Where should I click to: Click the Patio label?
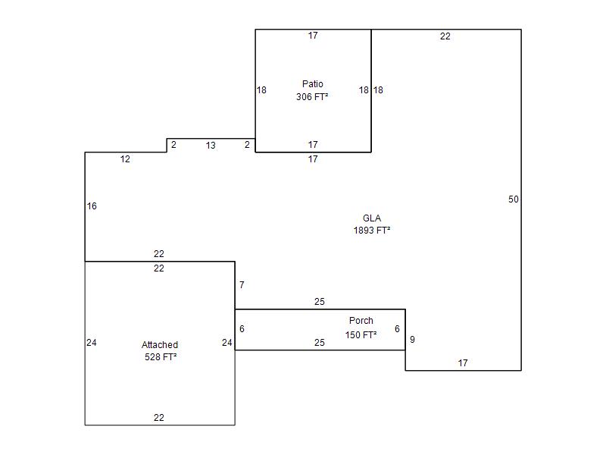[312, 84]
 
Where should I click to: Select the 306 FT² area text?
[312, 97]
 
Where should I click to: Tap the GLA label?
[372, 218]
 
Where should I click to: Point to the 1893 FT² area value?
[371, 231]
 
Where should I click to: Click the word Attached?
[160, 345]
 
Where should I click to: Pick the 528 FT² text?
[161, 357]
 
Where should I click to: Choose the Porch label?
[361, 321]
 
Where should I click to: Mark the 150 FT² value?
[361, 334]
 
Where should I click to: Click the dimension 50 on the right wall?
[514, 199]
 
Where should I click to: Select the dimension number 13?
[211, 146]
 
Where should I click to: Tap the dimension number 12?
[125, 159]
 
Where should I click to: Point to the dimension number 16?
[92, 206]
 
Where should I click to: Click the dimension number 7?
[242, 285]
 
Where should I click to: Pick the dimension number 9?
[412, 340]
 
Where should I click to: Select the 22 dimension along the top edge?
[445, 36]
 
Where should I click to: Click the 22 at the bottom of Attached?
[159, 418]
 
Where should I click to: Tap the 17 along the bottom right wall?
[463, 363]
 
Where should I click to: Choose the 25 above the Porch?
[319, 302]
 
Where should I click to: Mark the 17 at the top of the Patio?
[313, 36]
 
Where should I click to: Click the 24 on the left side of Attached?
[91, 343]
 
